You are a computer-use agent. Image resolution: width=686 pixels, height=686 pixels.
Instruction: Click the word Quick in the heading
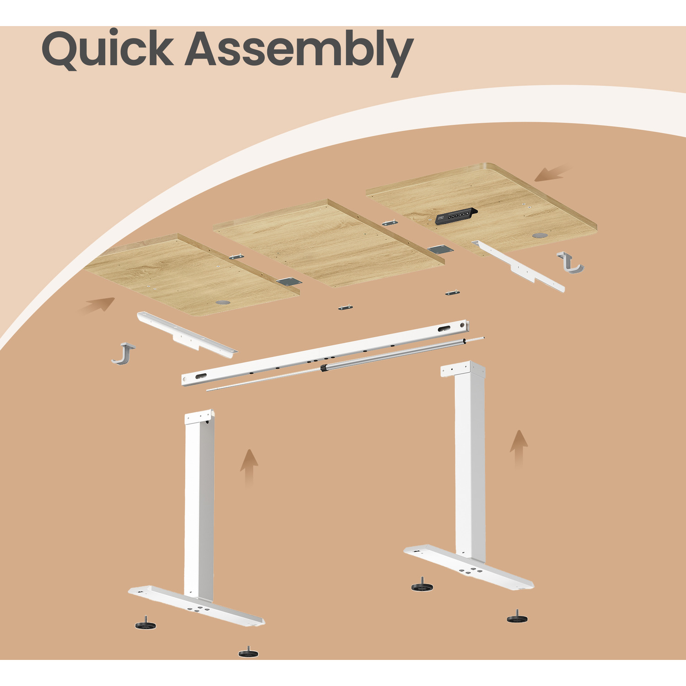107,49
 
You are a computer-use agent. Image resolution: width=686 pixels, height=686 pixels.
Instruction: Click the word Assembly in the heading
300,52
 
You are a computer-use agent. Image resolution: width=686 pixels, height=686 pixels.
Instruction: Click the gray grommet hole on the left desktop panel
223,303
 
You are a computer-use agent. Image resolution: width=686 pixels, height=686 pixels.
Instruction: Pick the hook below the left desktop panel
123,354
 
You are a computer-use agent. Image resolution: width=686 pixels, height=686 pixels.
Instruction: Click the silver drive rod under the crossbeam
345,364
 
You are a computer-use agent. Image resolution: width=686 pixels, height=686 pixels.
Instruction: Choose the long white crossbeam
325,353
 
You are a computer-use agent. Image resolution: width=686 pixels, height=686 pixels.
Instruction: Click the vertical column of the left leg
199,503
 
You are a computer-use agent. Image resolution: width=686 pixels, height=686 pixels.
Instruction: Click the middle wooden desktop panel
328,243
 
